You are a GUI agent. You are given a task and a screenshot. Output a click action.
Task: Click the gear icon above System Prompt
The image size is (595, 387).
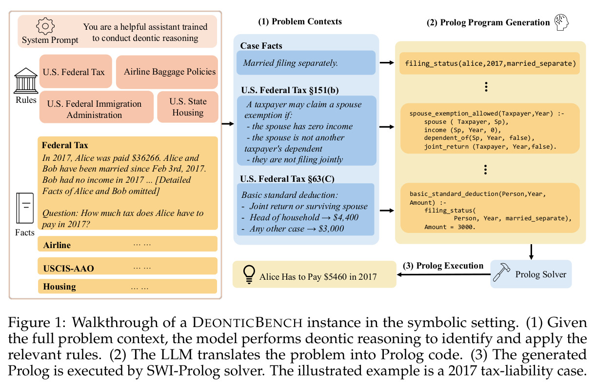(x=45, y=26)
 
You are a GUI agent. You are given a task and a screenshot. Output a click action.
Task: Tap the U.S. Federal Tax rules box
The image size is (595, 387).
(x=76, y=71)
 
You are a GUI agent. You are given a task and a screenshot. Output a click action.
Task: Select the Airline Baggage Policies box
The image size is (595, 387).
(x=167, y=72)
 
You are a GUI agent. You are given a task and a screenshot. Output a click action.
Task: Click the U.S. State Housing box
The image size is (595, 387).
(x=188, y=107)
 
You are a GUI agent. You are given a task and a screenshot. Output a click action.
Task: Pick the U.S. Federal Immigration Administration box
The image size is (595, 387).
(x=97, y=107)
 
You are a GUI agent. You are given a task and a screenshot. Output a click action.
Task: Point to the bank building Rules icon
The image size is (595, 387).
(x=26, y=81)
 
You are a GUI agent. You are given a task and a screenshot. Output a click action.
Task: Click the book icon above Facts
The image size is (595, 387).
(x=25, y=208)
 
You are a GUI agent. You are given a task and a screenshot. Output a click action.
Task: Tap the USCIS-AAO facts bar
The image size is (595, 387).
(x=127, y=266)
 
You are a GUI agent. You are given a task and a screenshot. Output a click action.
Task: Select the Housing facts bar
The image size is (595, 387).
(x=127, y=286)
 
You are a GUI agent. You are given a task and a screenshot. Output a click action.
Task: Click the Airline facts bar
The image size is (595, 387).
(x=127, y=244)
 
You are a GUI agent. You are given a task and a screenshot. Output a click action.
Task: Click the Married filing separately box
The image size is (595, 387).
(x=306, y=63)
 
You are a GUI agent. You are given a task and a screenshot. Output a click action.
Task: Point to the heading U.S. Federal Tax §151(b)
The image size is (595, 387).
(x=290, y=90)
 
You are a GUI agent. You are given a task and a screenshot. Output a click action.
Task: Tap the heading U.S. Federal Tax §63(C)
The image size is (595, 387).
(x=287, y=179)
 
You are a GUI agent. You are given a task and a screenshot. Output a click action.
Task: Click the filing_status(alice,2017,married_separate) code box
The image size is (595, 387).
(x=490, y=63)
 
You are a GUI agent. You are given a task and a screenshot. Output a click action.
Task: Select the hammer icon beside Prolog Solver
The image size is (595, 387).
(x=501, y=272)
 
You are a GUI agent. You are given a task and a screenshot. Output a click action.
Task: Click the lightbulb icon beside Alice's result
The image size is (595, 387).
(x=249, y=274)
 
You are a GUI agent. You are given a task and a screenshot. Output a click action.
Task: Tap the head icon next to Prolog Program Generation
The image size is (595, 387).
(x=561, y=22)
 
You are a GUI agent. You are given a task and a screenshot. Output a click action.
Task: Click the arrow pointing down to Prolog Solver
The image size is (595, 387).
(x=531, y=252)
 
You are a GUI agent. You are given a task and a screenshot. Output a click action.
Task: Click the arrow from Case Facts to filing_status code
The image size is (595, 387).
(x=387, y=63)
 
